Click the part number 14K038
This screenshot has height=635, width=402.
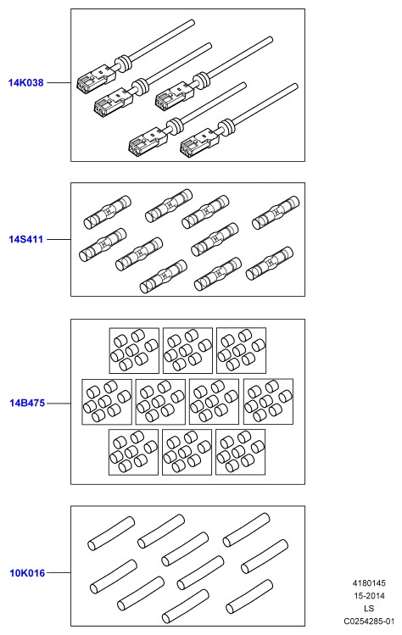(x=26, y=82)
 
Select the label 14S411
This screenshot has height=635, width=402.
(x=26, y=239)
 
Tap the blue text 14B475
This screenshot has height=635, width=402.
(x=27, y=403)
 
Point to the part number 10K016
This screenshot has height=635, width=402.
(x=27, y=572)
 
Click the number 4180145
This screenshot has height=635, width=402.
(x=369, y=583)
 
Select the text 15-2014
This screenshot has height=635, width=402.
(x=369, y=596)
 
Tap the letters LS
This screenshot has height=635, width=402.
(x=369, y=608)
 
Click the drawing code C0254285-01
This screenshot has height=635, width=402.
(x=369, y=621)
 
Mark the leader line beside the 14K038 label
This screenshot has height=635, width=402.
(x=59, y=82)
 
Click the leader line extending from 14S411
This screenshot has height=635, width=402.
(x=59, y=239)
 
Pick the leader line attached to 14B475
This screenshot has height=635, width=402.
(x=59, y=404)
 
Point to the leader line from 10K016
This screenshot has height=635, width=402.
(x=59, y=572)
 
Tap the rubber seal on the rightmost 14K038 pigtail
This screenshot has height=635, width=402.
(x=226, y=127)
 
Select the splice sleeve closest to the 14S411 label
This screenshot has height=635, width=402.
(x=103, y=244)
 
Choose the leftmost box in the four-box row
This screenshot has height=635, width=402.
(x=107, y=402)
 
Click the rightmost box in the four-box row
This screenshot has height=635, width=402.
(x=268, y=401)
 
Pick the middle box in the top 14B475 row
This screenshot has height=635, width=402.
(x=187, y=350)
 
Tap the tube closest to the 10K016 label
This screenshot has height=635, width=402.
(x=114, y=576)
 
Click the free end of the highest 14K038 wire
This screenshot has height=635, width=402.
(x=192, y=23)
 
